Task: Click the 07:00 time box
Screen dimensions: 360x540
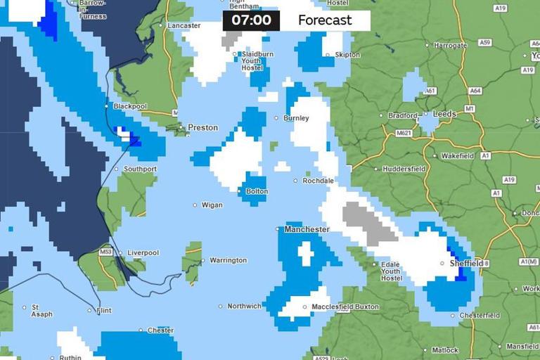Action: (251, 20)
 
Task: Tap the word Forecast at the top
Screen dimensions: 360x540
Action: (325, 20)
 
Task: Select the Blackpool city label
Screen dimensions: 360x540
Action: (130, 106)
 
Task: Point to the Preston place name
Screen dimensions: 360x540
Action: (202, 128)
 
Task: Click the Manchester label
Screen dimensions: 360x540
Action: (307, 229)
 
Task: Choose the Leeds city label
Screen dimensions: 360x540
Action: (444, 114)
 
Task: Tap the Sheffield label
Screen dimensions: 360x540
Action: (466, 264)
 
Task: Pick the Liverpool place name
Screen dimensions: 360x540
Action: (143, 253)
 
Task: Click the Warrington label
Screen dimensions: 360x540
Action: (228, 260)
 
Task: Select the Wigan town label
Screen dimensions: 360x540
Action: (212, 205)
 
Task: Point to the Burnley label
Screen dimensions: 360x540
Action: (296, 118)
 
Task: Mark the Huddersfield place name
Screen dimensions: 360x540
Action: (404, 169)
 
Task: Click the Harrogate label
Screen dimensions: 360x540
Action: (450, 46)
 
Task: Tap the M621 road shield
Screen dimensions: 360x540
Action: (403, 133)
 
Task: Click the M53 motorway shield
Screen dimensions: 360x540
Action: (106, 252)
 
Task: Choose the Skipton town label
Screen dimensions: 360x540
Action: (348, 55)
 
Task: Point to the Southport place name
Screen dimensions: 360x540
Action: (140, 169)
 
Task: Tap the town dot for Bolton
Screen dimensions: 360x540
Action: (241, 191)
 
